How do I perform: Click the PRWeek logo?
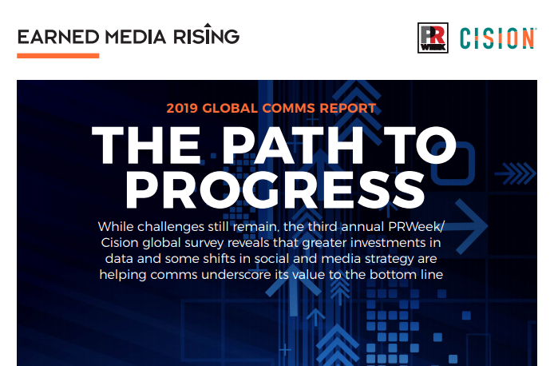point(433,38)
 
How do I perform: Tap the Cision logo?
point(498,38)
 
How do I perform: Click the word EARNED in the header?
point(58,37)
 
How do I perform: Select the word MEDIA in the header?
point(136,37)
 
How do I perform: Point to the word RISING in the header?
point(206,34)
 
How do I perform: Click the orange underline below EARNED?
point(58,55)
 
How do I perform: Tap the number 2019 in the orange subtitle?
point(182,108)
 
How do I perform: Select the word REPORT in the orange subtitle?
point(348,108)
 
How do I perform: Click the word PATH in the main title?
point(293,145)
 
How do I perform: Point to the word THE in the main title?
point(146,145)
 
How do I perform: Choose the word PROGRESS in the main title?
point(275,190)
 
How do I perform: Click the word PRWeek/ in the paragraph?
point(417,227)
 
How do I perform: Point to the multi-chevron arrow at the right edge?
point(516,173)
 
